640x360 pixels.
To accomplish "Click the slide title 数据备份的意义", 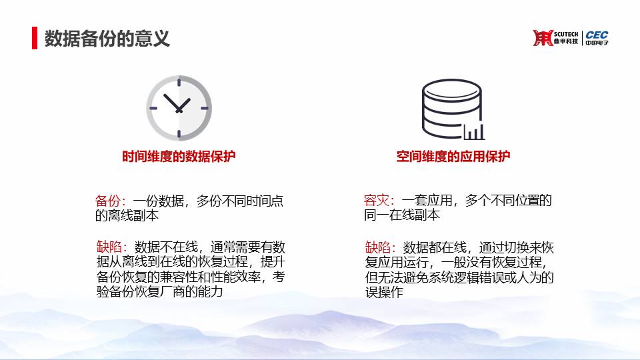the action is click(x=107, y=39).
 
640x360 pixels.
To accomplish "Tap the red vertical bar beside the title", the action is click(x=35, y=38).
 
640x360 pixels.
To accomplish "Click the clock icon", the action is click(x=179, y=108).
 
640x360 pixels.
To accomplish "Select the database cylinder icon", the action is click(x=452, y=109).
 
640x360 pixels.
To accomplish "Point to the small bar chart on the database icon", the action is click(x=475, y=131).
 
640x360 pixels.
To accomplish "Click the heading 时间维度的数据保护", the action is click(x=179, y=156).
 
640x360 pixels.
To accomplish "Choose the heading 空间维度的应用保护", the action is click(x=453, y=156).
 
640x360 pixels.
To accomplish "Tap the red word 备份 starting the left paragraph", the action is click(x=108, y=201).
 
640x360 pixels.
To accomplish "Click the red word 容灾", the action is click(x=376, y=200).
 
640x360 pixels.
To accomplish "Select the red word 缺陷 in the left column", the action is click(x=109, y=247).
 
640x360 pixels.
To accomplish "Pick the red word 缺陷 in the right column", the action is click(x=377, y=247).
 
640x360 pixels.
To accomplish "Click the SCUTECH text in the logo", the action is click(x=566, y=34).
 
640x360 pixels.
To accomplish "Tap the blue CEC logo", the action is click(x=597, y=35).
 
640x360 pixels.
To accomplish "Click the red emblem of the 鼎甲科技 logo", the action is click(x=543, y=37).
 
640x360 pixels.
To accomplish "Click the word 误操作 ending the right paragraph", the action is click(x=384, y=292).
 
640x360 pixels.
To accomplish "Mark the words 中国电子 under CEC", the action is click(x=597, y=43).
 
